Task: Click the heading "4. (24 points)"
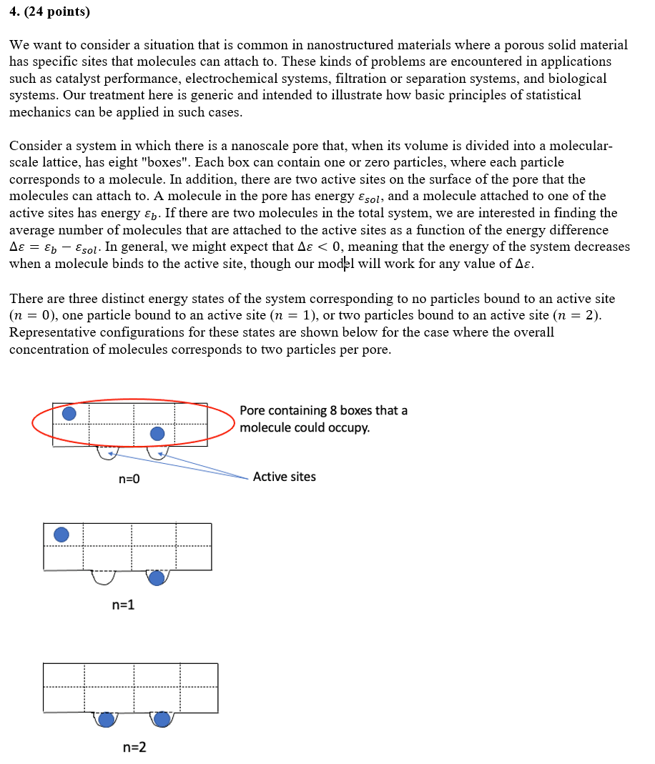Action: point(50,12)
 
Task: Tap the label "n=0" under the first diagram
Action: point(129,479)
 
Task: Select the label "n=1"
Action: point(124,605)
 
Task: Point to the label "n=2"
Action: point(134,748)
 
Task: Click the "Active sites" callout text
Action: point(284,477)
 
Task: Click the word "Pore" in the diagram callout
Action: point(253,411)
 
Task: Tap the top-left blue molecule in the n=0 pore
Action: point(69,414)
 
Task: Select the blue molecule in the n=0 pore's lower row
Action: point(157,433)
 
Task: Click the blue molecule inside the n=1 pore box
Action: point(61,535)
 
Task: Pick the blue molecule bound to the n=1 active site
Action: point(157,577)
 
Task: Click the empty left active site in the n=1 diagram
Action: point(104,577)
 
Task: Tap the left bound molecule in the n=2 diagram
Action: point(107,719)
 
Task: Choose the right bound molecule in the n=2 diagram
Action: point(162,719)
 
